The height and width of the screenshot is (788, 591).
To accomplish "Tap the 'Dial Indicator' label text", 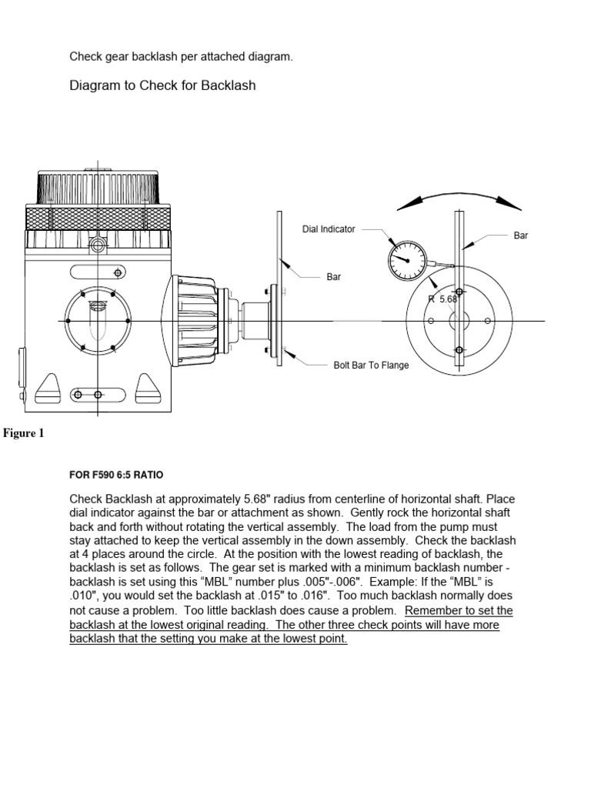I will [329, 229].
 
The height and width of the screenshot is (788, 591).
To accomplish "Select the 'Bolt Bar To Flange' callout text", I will [371, 366].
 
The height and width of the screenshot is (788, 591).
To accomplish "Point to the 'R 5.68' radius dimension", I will [443, 299].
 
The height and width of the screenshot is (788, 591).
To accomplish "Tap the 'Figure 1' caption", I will [24, 433].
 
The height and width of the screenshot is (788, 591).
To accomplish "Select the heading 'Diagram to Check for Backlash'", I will [162, 85].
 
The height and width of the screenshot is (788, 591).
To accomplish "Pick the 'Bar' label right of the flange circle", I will [521, 235].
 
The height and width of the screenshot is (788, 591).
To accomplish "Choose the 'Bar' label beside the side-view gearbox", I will [333, 276].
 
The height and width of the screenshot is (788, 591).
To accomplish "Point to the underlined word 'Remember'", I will [431, 610].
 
